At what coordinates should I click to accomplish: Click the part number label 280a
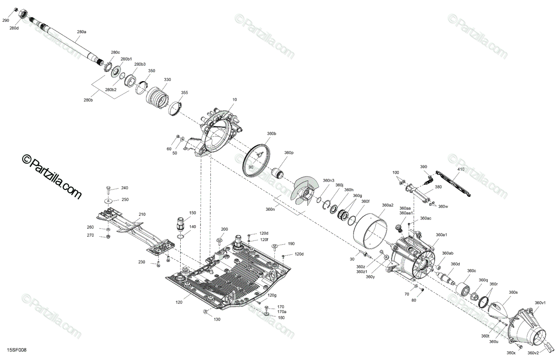pos(82,32)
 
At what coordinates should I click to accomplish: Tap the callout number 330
pos(167,80)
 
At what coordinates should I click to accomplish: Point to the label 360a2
pos(388,205)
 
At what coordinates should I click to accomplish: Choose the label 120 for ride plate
pos(179,302)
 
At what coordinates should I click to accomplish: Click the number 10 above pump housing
pos(234,100)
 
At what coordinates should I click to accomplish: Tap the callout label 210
pos(142,215)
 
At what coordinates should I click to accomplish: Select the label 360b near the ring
pos(271,133)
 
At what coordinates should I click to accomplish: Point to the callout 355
pos(184,93)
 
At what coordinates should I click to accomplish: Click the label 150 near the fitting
pos(192,213)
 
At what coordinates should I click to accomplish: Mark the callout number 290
pos(6,21)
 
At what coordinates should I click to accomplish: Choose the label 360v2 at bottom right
pos(533,353)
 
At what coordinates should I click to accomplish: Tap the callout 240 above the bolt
pos(125,188)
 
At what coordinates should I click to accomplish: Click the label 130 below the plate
pos(217,320)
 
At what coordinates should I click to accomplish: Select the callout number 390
pos(423,167)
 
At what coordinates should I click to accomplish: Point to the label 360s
pos(513,292)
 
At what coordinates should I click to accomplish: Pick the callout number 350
pos(151,71)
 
